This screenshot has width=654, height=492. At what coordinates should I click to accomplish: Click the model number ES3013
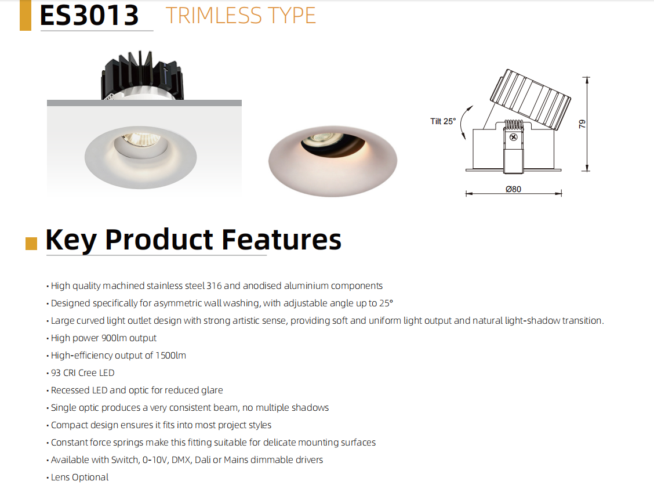tap(89, 16)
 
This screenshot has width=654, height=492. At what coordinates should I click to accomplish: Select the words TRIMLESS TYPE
tap(241, 16)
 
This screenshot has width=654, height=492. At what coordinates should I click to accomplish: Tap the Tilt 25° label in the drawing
tap(443, 121)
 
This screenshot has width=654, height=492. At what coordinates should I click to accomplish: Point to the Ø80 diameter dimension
tap(513, 189)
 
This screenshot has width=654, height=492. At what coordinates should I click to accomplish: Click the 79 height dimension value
tap(582, 124)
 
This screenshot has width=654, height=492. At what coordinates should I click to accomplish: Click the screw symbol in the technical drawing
tap(514, 137)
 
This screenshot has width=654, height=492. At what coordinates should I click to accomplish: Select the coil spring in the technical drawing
tap(514, 124)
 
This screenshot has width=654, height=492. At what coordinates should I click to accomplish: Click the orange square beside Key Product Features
tap(31, 244)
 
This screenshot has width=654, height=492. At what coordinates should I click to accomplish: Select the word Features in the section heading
tap(281, 240)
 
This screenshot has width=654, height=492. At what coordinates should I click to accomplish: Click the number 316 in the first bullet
tap(214, 286)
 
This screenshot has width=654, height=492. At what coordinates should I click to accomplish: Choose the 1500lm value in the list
tap(170, 356)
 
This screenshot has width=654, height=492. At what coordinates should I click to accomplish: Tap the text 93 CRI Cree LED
tap(82, 372)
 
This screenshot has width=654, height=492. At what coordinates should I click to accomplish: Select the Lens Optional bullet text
tap(79, 477)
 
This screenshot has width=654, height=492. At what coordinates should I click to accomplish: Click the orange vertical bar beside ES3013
tap(26, 16)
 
